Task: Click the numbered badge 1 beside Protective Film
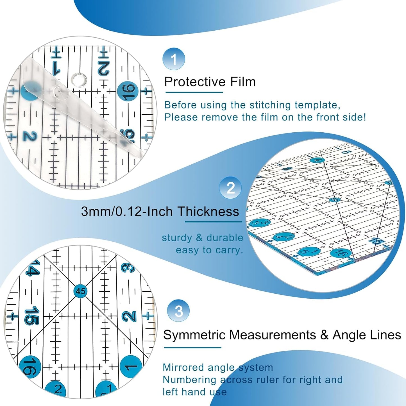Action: [x=174, y=59]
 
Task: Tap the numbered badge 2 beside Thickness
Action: [x=230, y=188]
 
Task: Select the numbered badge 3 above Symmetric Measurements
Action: [x=178, y=311]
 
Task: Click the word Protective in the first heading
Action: [x=195, y=82]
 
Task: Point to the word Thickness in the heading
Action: [x=208, y=211]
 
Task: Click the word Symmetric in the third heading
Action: [x=194, y=335]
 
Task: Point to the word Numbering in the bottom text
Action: [x=189, y=380]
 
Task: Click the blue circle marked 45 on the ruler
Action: [x=81, y=291]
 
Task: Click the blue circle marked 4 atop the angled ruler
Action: [x=318, y=160]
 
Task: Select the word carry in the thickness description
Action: [x=228, y=250]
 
